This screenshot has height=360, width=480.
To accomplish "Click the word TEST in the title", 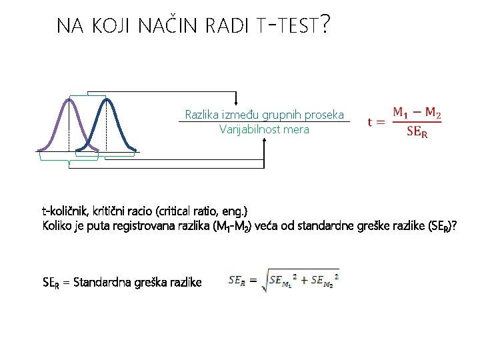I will point(293,27).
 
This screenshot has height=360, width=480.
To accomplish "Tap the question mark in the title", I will point(324,25).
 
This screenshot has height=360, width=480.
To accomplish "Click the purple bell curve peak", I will point(69,101).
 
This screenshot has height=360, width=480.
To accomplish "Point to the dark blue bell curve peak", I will point(106,101).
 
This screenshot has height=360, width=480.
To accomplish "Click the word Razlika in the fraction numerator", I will point(201,115).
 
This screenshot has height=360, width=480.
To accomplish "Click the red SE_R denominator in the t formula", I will point(417,131).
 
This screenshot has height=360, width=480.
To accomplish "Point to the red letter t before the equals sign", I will point(370,122).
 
